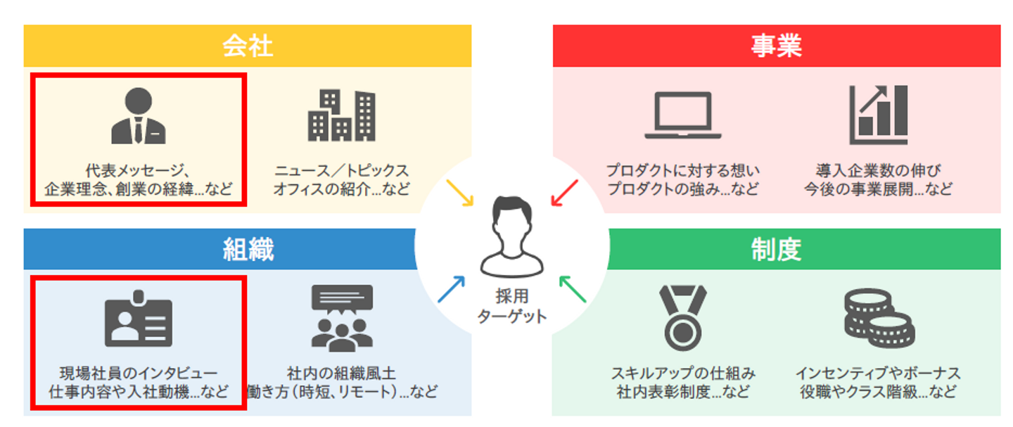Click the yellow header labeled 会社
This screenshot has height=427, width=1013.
[248, 46]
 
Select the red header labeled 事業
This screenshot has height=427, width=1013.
[776, 46]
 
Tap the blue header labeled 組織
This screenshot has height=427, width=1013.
[248, 250]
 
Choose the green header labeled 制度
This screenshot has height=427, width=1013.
[776, 250]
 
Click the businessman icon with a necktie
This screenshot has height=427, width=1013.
[139, 116]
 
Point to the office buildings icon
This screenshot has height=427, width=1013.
[341, 116]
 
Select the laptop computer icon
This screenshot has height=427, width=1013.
[682, 117]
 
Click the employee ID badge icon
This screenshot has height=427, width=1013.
[139, 319]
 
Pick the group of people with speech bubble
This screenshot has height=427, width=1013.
[342, 319]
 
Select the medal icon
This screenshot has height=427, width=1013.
[682, 317]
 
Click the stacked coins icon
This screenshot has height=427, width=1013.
[879, 319]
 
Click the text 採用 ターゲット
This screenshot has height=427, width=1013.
[511, 307]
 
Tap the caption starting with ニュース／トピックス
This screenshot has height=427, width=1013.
[341, 180]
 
